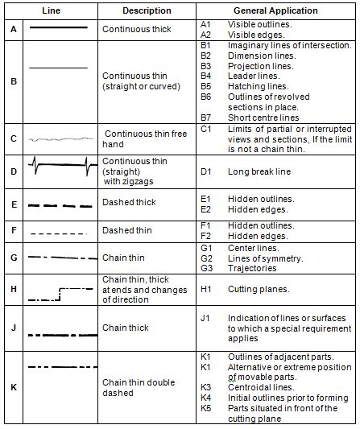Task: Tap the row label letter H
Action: click(x=14, y=289)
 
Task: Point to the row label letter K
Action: click(x=14, y=387)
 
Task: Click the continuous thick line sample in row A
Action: click(x=58, y=27)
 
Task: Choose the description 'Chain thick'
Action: click(x=126, y=328)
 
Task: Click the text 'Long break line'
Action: click(x=259, y=171)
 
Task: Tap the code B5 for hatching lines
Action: click(x=205, y=86)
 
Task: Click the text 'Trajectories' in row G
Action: click(x=253, y=268)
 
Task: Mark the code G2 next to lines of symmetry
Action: click(x=206, y=258)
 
